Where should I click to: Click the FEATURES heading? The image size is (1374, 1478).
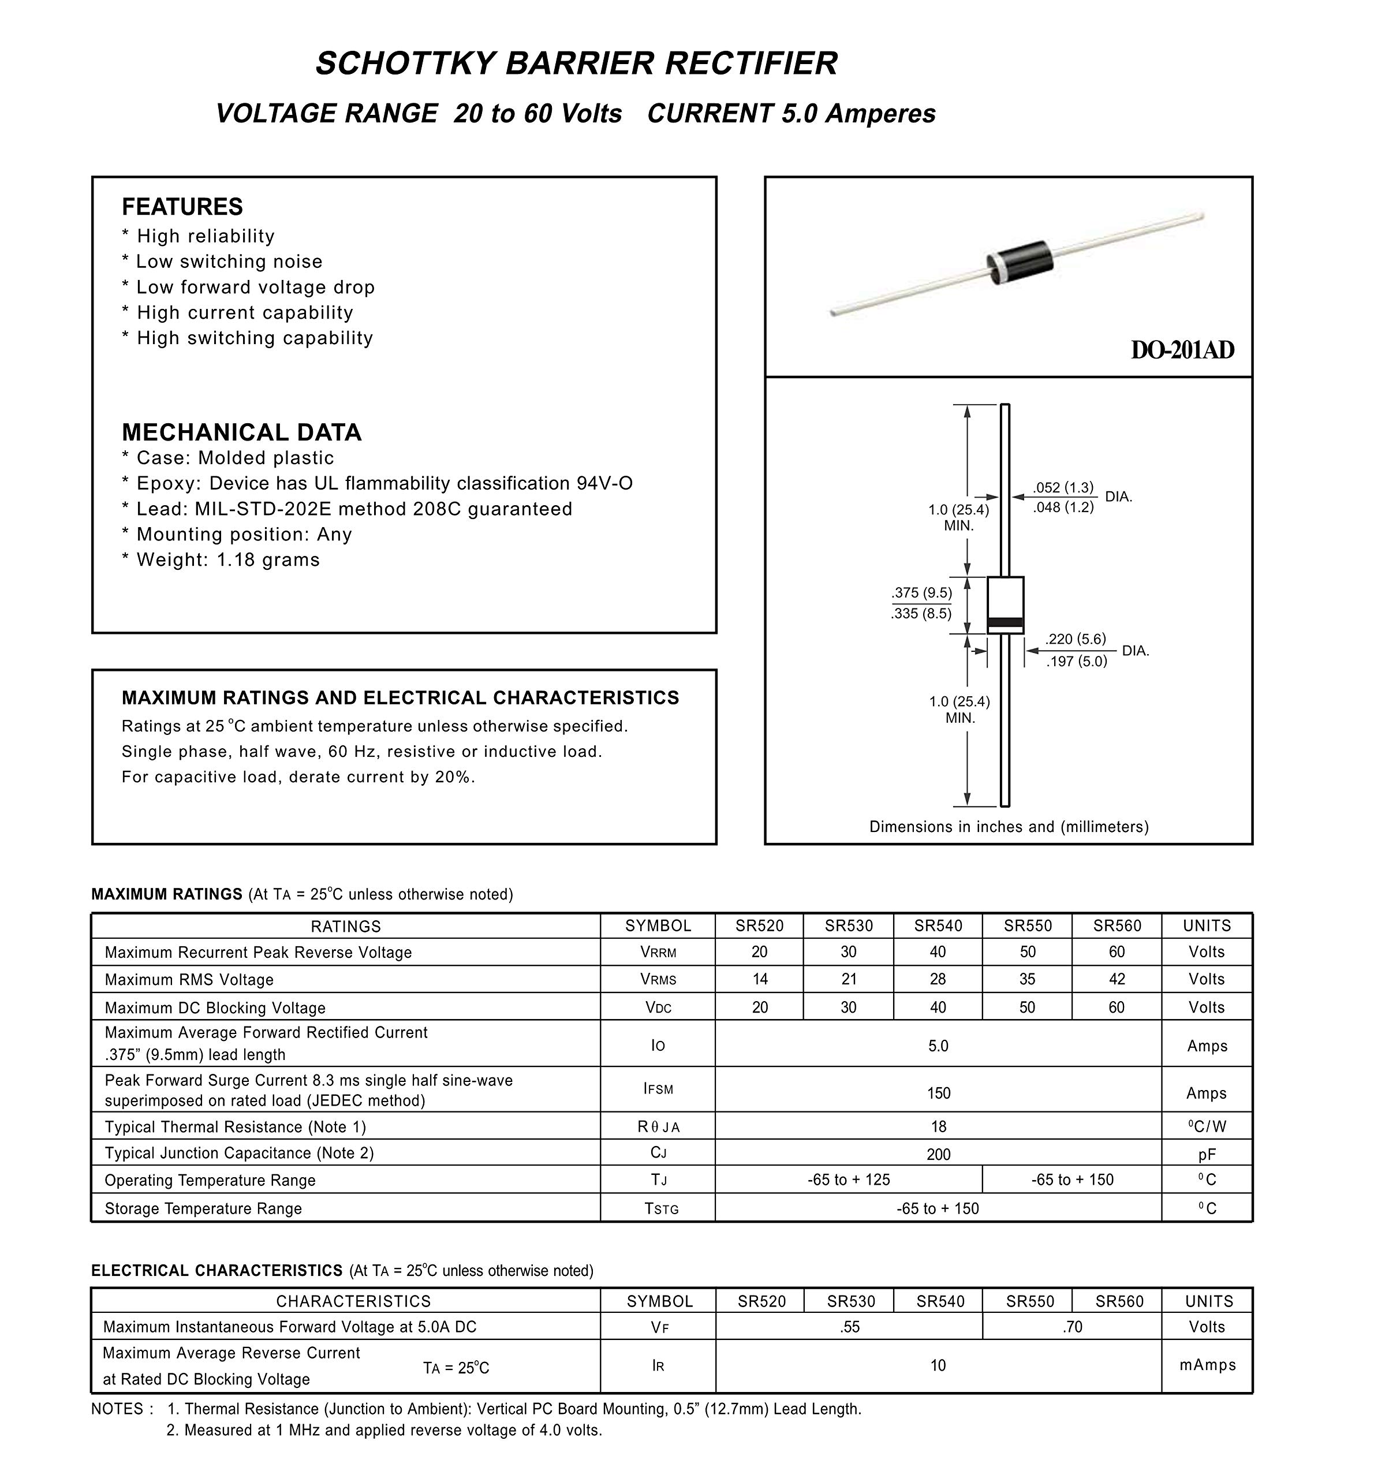[x=182, y=207]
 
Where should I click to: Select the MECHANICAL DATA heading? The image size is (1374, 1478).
[x=242, y=432]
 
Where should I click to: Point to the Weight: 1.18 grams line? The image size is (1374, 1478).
[x=221, y=560]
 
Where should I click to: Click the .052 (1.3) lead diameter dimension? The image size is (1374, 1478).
[x=1063, y=488]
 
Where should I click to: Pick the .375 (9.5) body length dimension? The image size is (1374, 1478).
[x=921, y=592]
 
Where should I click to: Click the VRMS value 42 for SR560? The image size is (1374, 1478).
[x=1117, y=980]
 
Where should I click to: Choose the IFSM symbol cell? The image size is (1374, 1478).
[x=658, y=1089]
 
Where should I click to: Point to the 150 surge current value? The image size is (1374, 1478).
[x=938, y=1093]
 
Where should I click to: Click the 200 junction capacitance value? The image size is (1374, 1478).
[x=938, y=1154]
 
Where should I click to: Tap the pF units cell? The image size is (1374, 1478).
[x=1207, y=1155]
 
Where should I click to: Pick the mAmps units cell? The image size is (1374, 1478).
[x=1208, y=1365]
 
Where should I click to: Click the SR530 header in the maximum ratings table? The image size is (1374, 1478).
[x=848, y=925]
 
